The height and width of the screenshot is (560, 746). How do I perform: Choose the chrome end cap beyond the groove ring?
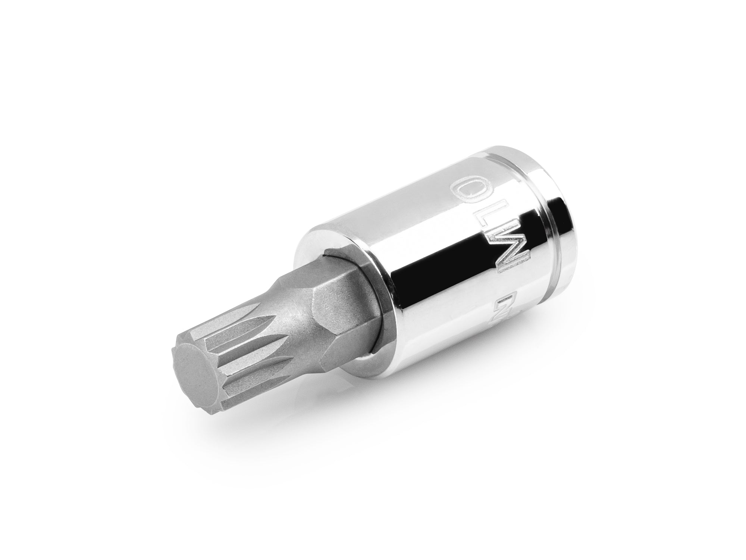[582, 224]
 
